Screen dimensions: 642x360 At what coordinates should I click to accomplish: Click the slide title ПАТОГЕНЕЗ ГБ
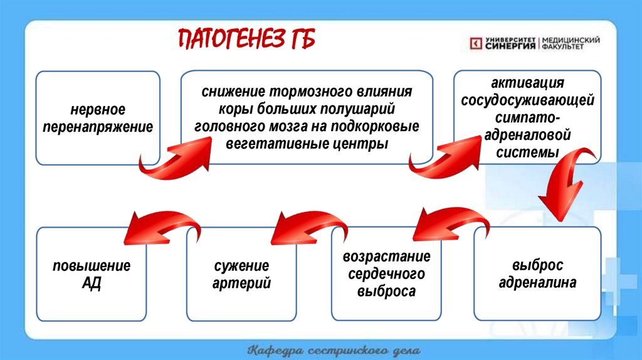pyautogui.click(x=246, y=41)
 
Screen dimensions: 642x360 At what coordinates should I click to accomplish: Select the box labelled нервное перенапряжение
pyautogui.click(x=98, y=118)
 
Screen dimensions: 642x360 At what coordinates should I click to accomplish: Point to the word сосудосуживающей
pyautogui.click(x=527, y=100)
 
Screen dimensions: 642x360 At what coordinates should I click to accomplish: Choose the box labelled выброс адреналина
pyautogui.click(x=537, y=273)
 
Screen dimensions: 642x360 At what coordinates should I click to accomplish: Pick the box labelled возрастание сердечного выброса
pyautogui.click(x=386, y=273)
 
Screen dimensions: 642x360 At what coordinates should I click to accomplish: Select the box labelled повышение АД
pyautogui.click(x=92, y=274)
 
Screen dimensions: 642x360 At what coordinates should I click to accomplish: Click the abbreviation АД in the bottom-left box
pyautogui.click(x=92, y=283)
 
